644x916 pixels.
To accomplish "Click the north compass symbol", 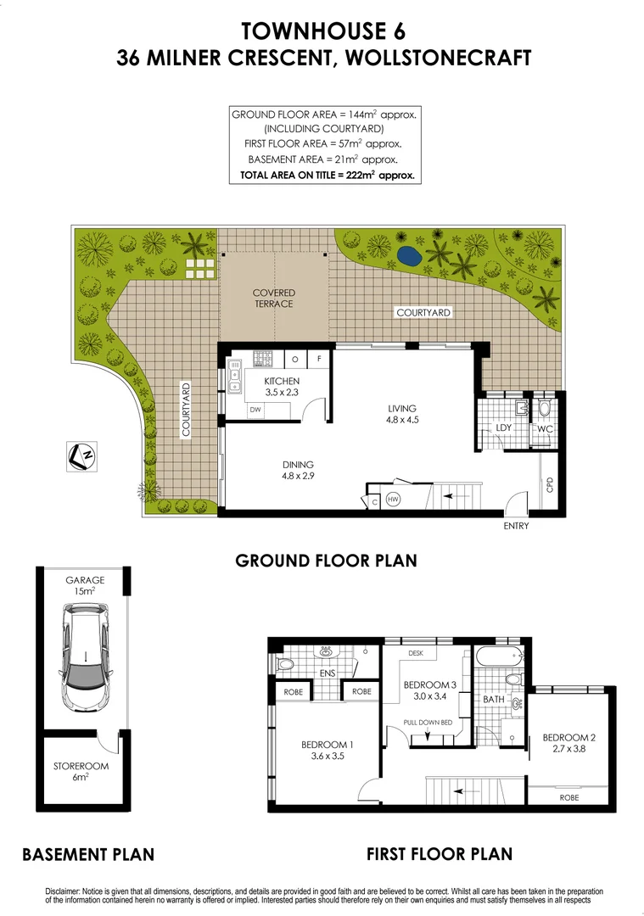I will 82,455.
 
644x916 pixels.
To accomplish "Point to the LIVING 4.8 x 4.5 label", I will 402,413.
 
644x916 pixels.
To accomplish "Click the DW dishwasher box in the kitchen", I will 255,411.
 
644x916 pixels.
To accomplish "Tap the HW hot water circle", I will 393,499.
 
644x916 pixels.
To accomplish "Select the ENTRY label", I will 516,526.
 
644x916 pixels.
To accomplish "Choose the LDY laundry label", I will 504,427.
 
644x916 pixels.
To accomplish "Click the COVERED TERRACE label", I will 273,299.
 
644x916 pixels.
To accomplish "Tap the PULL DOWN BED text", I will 430,721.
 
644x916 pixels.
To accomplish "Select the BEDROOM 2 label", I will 568,743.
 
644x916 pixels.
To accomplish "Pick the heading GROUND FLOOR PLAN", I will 326,561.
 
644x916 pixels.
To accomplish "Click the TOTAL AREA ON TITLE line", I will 328,176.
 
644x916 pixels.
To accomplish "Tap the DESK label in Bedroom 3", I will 416,653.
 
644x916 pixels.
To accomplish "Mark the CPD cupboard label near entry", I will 550,485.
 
